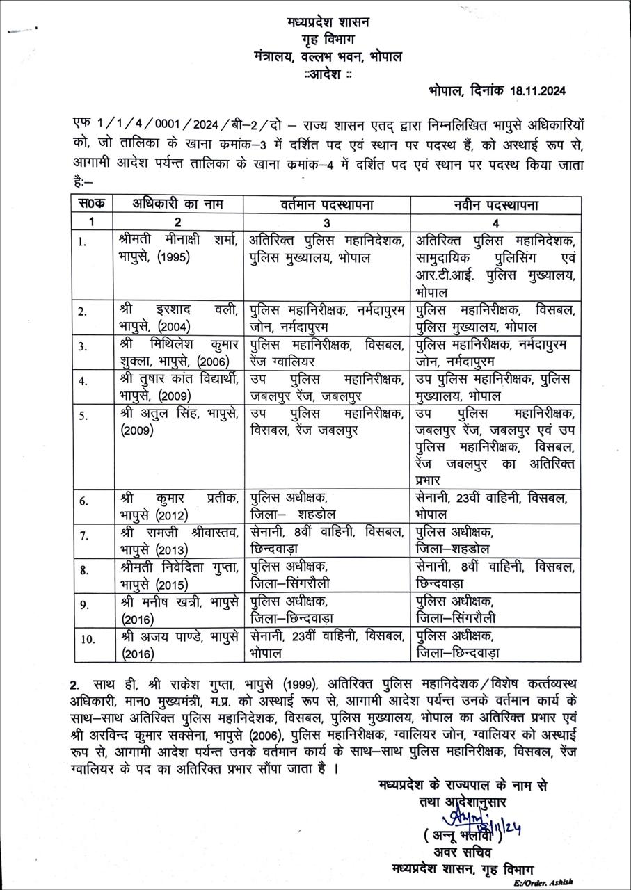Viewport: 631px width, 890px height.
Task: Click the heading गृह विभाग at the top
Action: coord(328,40)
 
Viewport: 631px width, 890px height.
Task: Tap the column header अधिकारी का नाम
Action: coord(177,205)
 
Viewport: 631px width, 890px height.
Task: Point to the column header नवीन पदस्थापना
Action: coord(495,205)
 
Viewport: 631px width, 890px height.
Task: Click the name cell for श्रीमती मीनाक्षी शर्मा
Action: coord(177,249)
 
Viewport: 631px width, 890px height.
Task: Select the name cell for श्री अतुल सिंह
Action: coord(177,421)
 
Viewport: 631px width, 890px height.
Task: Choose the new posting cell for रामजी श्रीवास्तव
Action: coord(495,540)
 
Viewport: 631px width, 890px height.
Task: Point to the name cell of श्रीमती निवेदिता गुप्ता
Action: coord(177,575)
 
